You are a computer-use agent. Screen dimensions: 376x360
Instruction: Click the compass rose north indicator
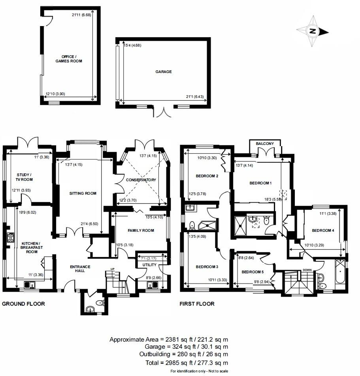click(x=313, y=31)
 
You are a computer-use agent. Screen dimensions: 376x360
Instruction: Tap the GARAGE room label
click(x=163, y=72)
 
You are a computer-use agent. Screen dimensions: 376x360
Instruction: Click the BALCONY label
click(x=265, y=144)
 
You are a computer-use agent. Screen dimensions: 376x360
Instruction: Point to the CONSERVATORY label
click(x=141, y=180)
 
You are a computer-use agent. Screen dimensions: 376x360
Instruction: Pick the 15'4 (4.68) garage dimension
click(x=132, y=45)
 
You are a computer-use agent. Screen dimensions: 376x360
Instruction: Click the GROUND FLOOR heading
click(x=23, y=304)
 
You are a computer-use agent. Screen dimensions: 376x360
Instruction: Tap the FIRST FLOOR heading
click(x=197, y=304)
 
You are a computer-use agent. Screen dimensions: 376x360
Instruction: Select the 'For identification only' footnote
click(x=199, y=371)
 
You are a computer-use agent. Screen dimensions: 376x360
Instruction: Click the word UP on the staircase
click(x=113, y=269)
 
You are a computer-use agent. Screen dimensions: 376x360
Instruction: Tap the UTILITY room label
click(x=149, y=265)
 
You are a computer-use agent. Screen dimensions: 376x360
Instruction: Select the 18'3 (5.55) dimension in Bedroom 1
click(x=273, y=200)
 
